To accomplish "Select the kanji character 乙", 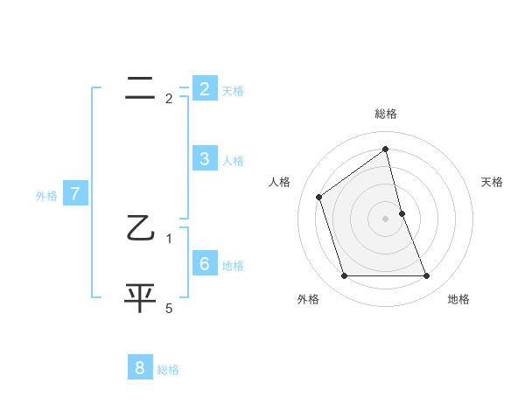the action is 140,229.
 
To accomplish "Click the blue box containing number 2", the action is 204,88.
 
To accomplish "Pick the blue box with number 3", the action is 204,159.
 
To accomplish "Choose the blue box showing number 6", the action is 204,264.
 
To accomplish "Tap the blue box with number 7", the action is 75,194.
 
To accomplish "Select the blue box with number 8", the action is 140,368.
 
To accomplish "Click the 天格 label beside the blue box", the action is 232,90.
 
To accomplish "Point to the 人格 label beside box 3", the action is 232,161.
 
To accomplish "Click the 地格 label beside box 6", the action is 232,266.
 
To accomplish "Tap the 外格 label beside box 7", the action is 46,196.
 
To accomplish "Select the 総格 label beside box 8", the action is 168,370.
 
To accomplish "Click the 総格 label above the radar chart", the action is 386,115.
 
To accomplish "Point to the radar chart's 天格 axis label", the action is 493,182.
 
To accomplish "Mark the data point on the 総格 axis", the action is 386,150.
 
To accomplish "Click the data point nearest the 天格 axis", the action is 402,213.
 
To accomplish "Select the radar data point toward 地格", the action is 426,276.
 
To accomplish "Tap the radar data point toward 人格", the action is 319,197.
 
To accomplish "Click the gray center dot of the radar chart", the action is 386,219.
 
